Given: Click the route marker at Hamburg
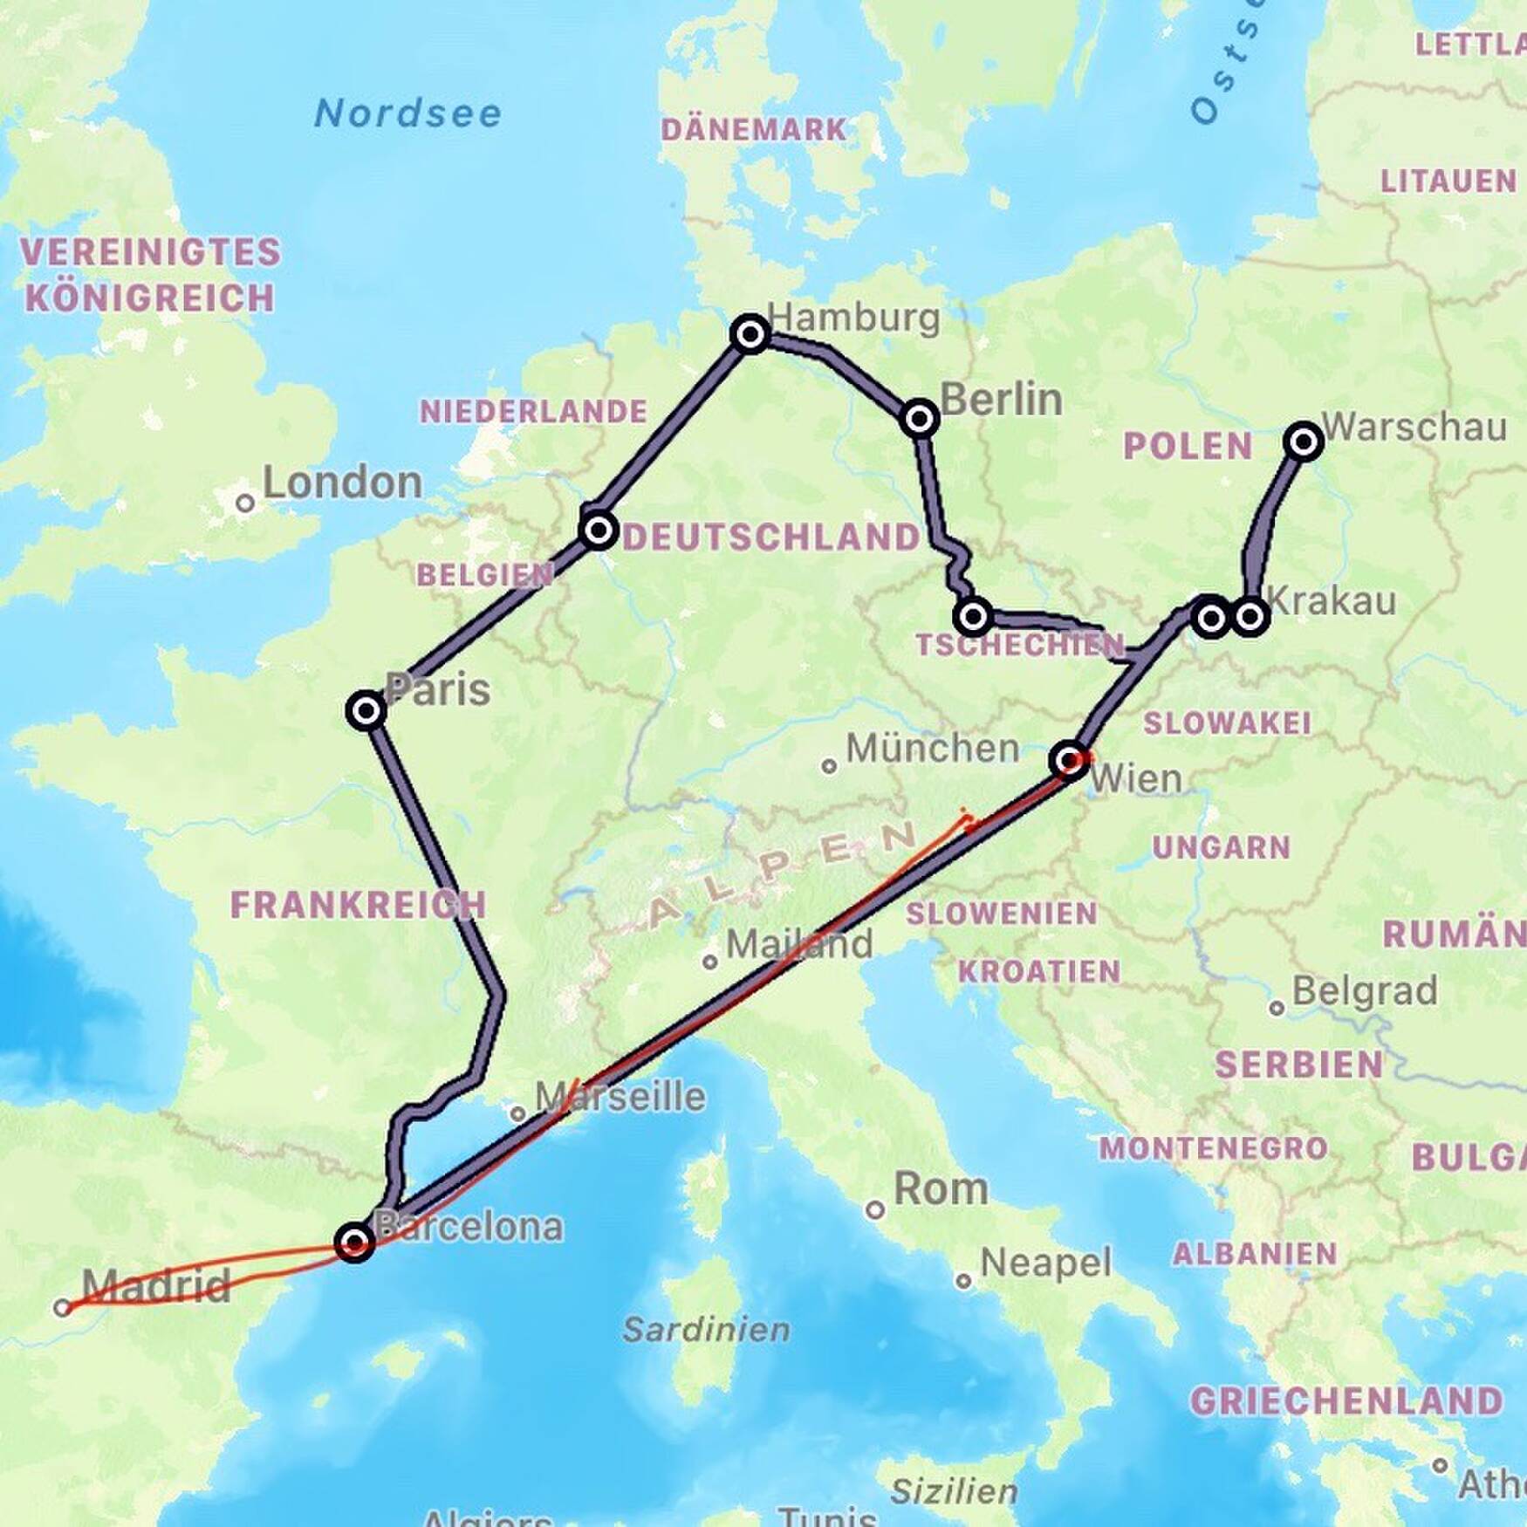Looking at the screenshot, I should coord(750,334).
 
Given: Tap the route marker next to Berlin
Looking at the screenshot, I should coord(919,419).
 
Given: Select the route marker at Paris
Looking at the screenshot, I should coord(366,710).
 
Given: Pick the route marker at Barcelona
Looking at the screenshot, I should coord(355,1241).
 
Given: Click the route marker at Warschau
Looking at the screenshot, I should coord(1304,442).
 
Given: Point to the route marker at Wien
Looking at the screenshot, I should coord(1071,761).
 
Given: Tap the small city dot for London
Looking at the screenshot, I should coord(245,503).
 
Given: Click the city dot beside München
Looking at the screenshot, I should coord(829,766).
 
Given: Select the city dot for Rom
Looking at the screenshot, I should coord(874,1209).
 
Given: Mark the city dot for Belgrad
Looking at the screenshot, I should coord(1277,1008).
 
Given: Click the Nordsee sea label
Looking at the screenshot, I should coord(408,113).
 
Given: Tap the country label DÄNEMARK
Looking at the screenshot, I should coord(754,130).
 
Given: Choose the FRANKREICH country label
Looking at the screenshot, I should coord(358,905).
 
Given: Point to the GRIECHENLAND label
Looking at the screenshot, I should coord(1346,1401).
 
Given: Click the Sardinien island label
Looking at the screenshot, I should coord(707,1329).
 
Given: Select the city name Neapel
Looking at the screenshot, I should coord(1046,1262).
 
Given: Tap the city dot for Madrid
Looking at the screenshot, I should coord(62,1307).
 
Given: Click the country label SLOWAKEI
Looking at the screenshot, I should coord(1228,722).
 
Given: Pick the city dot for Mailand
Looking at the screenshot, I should coord(710,962).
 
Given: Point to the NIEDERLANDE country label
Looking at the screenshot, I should coord(533,411).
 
